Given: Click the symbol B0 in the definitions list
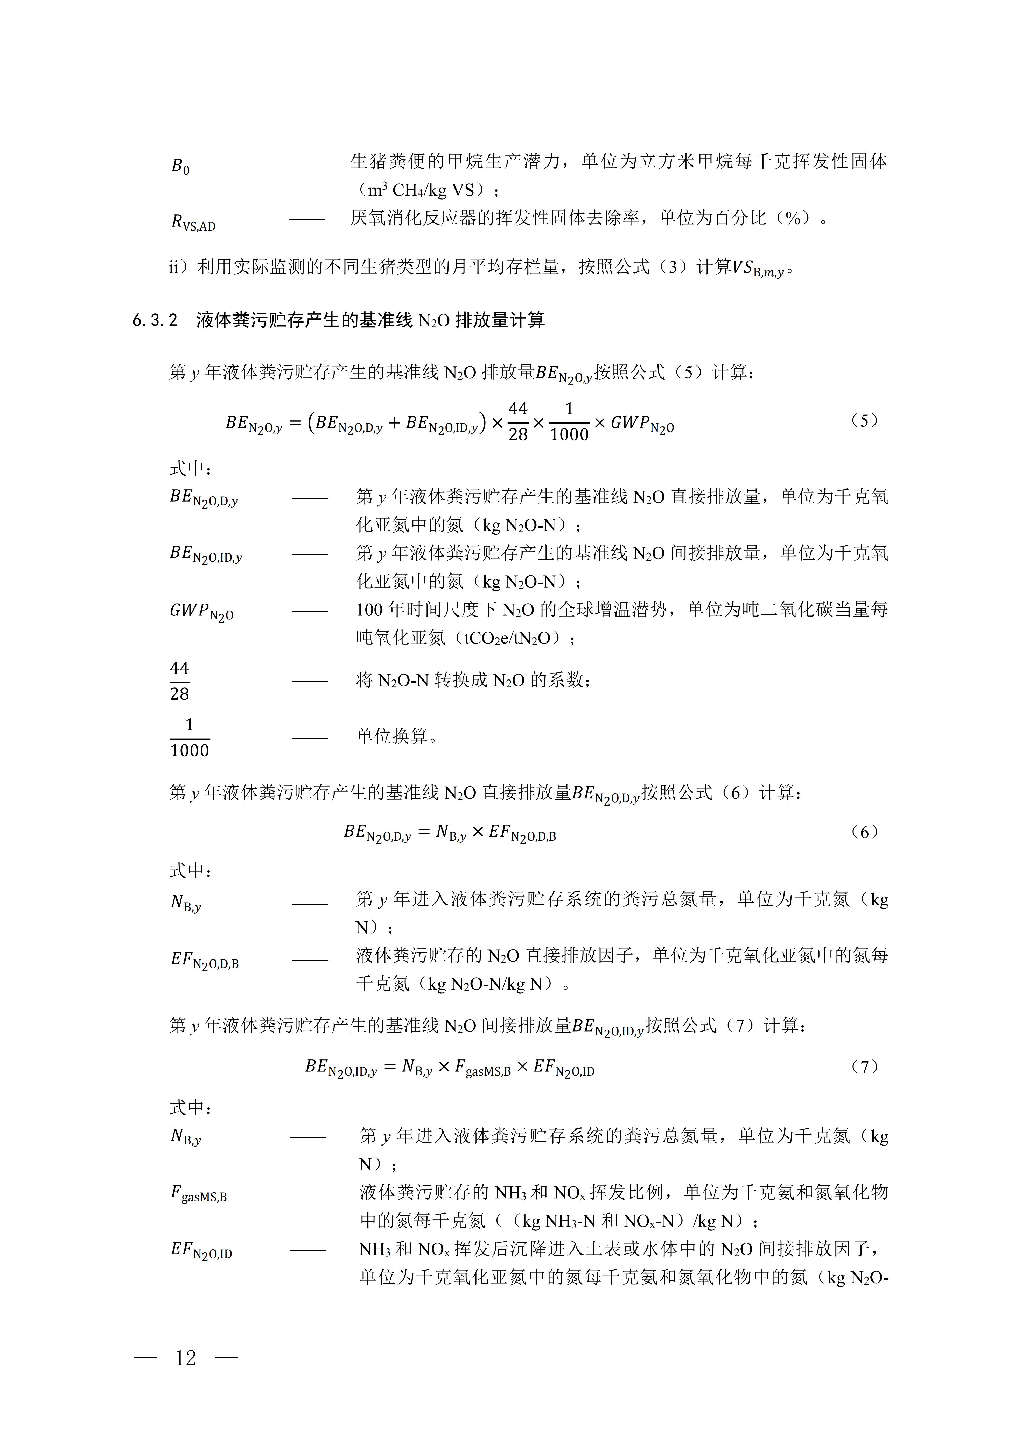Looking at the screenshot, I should tap(180, 166).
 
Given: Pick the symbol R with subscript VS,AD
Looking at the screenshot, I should tap(193, 222).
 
